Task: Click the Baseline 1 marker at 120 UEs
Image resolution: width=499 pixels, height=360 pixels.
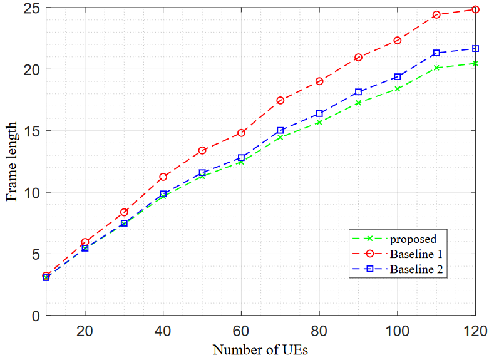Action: [475, 9]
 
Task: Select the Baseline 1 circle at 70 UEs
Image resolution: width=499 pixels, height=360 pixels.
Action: [280, 100]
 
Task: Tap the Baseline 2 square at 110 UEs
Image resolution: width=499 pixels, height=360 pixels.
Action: [436, 53]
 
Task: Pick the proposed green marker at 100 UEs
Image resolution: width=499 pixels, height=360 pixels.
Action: [398, 89]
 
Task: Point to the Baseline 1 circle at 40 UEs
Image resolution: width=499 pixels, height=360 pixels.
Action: [163, 177]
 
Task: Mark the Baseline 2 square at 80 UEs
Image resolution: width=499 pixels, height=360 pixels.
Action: [319, 113]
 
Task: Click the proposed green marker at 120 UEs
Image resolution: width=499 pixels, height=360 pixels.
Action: [475, 63]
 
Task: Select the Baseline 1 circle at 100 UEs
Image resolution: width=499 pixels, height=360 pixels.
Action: [398, 41]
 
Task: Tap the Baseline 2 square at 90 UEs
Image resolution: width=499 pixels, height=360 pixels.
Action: [358, 92]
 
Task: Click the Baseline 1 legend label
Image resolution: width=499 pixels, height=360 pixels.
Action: [417, 254]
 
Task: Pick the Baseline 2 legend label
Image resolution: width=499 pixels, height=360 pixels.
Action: [418, 270]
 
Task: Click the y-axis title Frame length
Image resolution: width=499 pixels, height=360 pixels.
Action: [12, 163]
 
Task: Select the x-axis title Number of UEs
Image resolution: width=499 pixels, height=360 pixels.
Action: [260, 349]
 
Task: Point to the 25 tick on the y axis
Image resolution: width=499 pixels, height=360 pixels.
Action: [31, 8]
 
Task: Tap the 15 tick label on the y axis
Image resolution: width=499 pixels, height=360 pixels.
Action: [31, 131]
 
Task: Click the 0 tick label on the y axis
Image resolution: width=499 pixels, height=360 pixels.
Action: [35, 316]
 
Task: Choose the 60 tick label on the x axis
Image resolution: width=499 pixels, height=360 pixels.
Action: [241, 330]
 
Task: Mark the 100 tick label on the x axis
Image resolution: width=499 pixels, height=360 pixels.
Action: [397, 330]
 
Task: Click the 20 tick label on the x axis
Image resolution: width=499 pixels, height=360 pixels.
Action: [85, 330]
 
